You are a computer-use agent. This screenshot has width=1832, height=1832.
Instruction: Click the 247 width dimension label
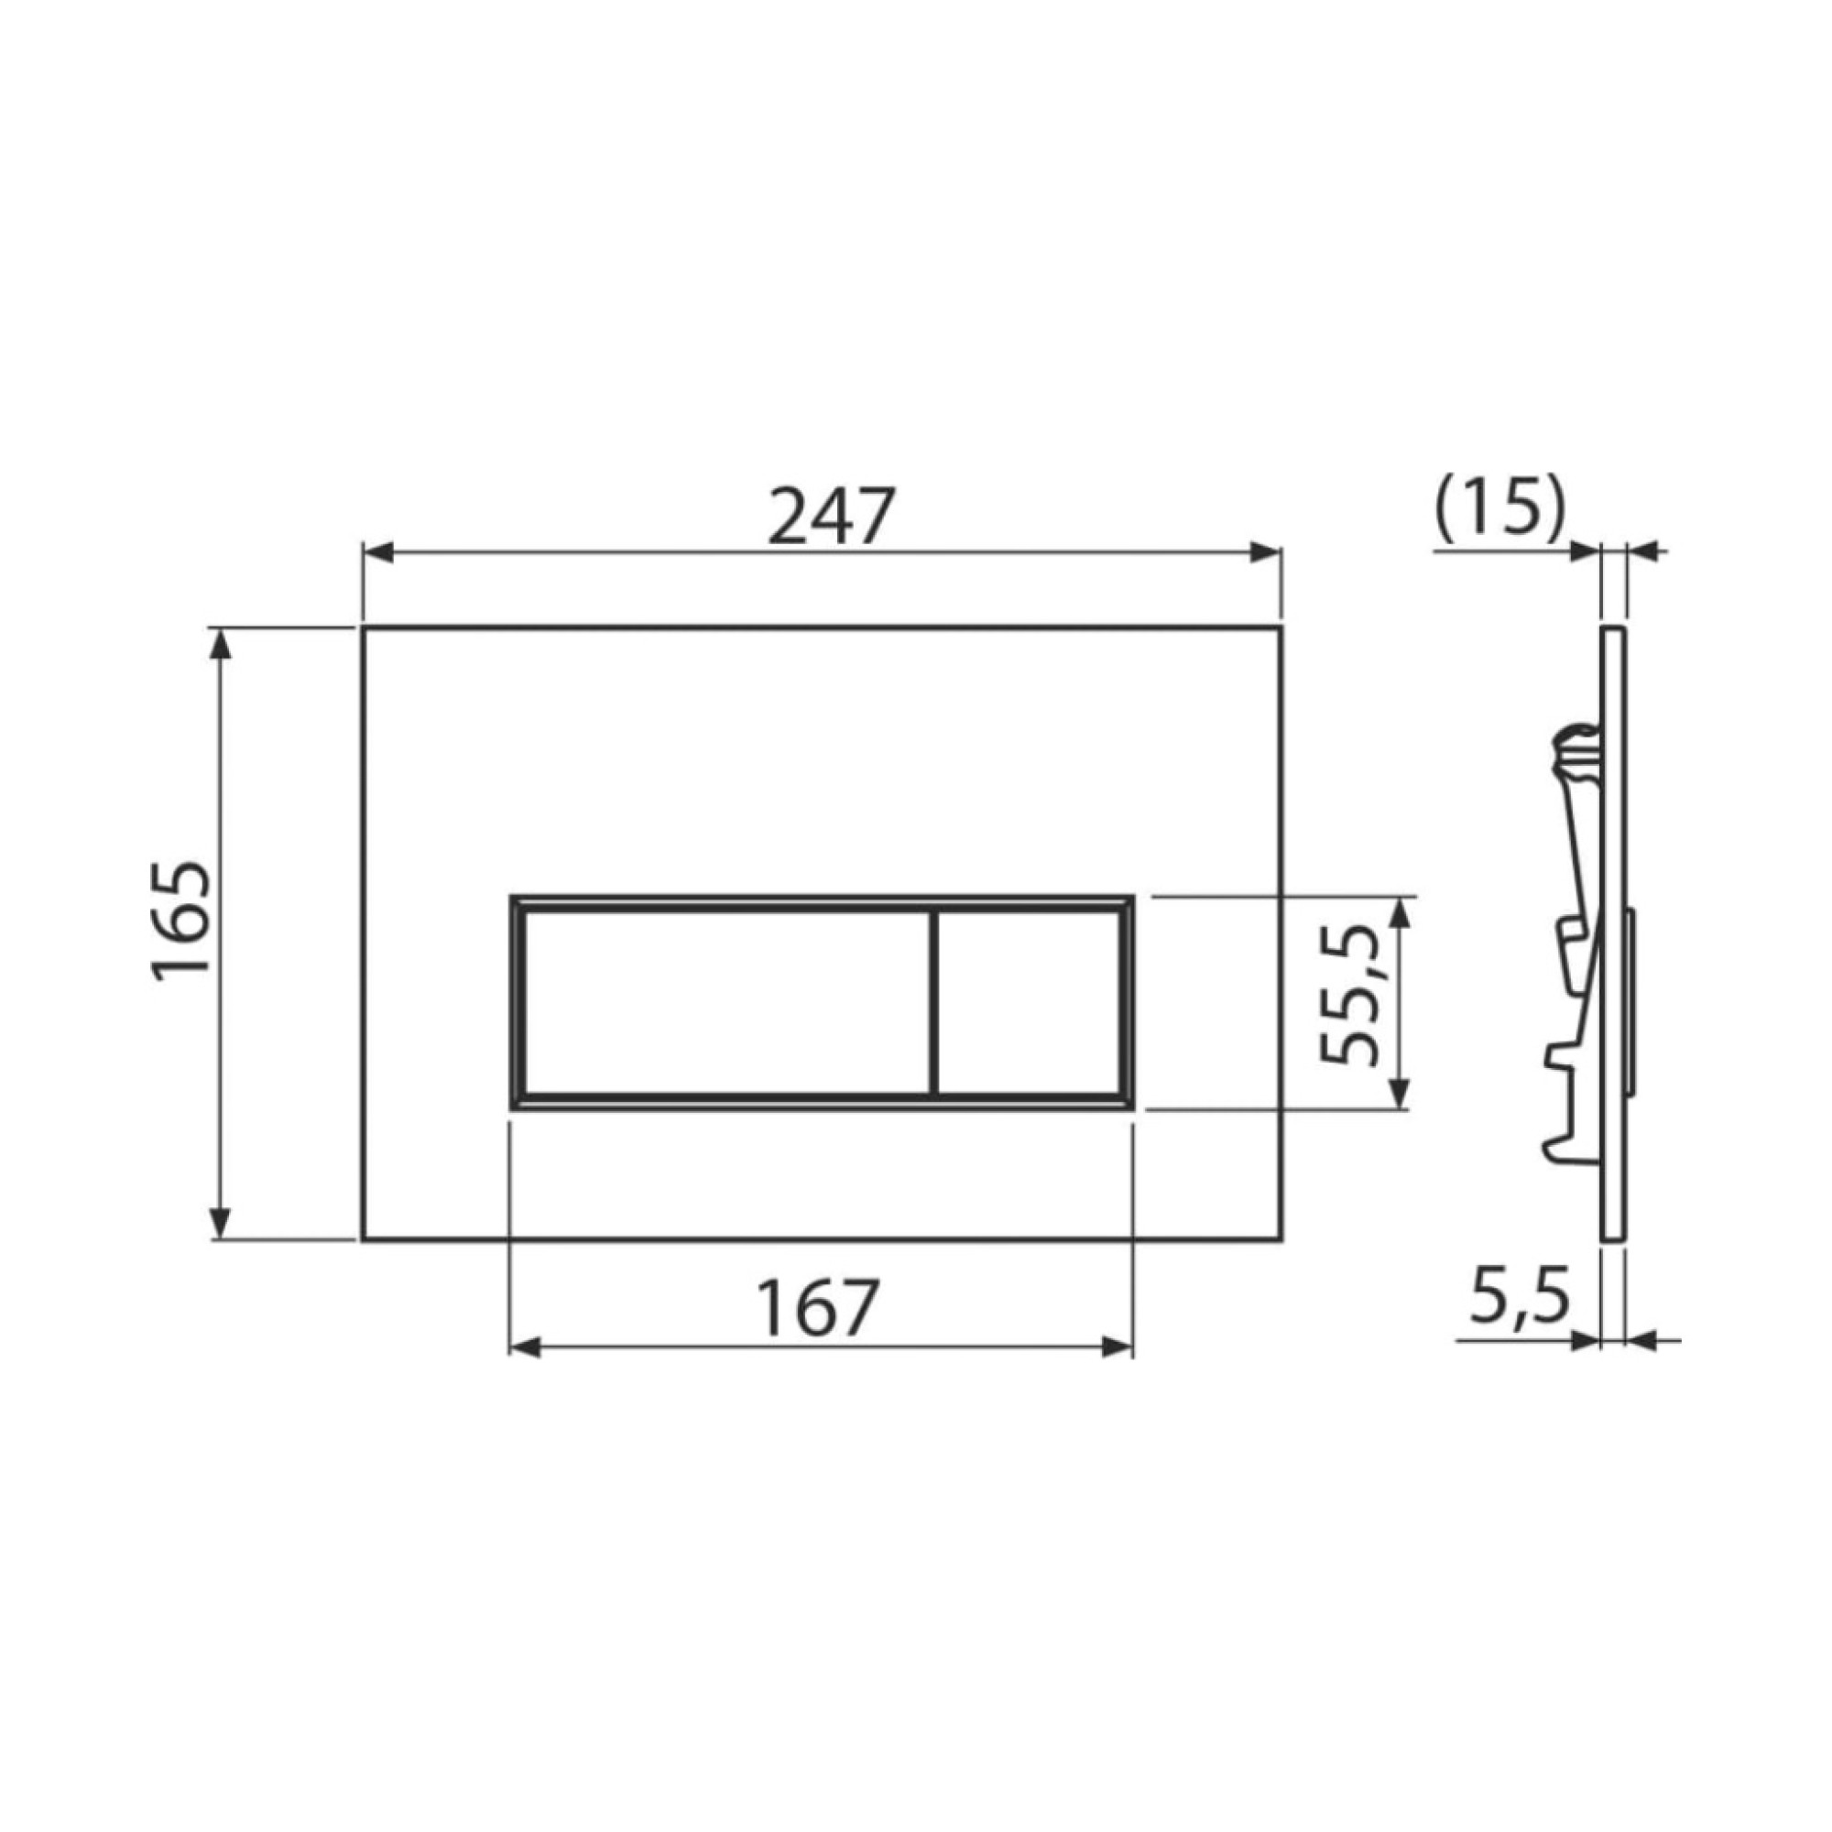[830, 516]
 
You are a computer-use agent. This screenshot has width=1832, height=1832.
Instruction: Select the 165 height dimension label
[180, 921]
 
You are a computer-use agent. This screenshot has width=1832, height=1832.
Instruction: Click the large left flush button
[726, 1002]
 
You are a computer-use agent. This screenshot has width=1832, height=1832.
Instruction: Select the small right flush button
[1030, 1002]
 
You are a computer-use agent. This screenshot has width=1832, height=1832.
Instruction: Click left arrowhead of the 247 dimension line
[377, 553]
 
